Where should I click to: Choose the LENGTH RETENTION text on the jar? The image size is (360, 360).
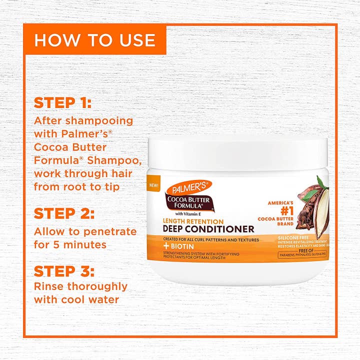(x=192, y=221)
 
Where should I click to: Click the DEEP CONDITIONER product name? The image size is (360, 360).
(x=207, y=229)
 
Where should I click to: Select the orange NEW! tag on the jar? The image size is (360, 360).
(x=153, y=184)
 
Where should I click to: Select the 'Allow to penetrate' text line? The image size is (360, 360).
(x=85, y=231)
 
